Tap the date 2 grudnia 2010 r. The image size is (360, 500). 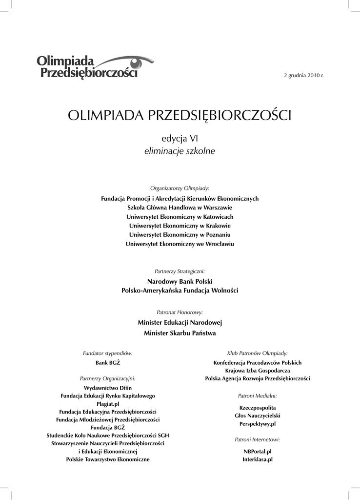[303, 75]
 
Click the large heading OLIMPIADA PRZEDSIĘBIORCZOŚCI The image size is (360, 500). [180, 116]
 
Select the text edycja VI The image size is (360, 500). [180, 139]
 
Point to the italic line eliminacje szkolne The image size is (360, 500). [180, 151]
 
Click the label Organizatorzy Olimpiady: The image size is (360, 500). [180, 188]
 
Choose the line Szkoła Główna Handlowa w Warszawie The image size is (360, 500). [180, 208]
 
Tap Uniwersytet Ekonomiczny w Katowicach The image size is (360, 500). [180, 217]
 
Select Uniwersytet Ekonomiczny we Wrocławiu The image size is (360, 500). [180, 244]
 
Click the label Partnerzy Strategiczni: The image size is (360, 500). [180, 271]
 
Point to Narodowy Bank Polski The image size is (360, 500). [180, 281]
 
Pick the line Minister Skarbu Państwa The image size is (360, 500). [180, 333]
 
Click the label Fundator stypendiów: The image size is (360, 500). [108, 353]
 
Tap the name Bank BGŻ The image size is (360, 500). [108, 363]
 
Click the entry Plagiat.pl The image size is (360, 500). [108, 404]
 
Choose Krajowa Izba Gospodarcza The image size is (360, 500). [257, 371]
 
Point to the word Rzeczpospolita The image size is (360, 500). [257, 407]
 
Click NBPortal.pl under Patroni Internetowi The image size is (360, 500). [257, 452]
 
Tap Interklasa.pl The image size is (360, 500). [257, 459]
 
